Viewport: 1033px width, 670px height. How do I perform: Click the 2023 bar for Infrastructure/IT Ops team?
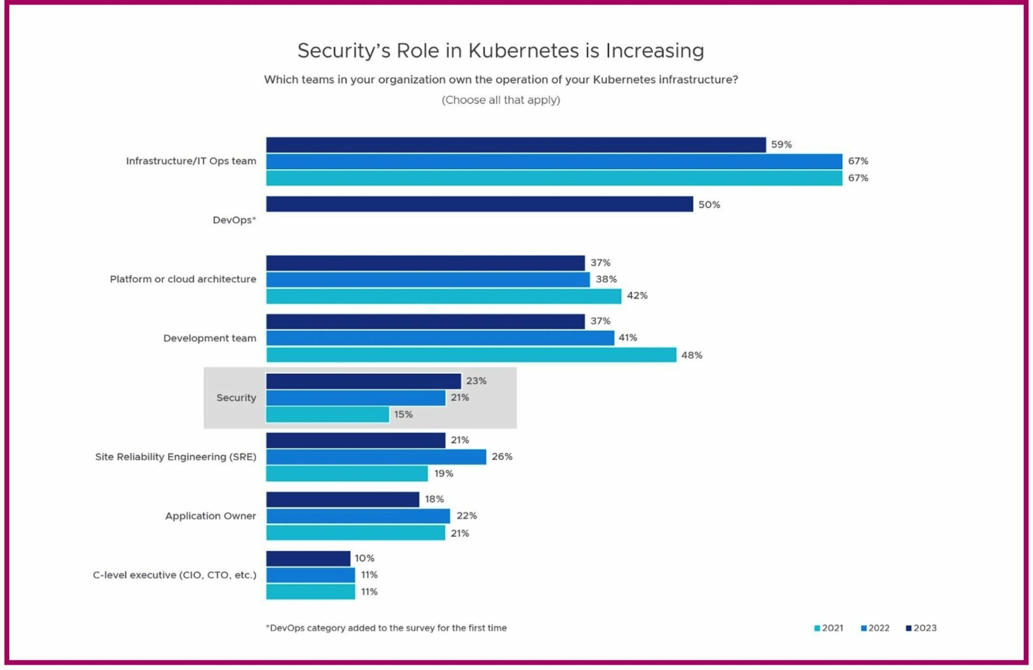pyautogui.click(x=515, y=145)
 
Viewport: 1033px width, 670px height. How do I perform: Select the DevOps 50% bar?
pyautogui.click(x=479, y=204)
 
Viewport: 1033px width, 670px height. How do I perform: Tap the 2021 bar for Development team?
pyautogui.click(x=471, y=355)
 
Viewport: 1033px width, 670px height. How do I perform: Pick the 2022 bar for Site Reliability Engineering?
pyautogui.click(x=376, y=456)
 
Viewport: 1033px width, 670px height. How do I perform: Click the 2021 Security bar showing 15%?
pyautogui.click(x=327, y=414)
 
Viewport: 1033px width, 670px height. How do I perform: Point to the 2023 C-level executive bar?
pyautogui.click(x=308, y=558)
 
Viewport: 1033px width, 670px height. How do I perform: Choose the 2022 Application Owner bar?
pyautogui.click(x=358, y=516)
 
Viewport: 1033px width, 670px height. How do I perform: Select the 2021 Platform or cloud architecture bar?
pyautogui.click(x=443, y=296)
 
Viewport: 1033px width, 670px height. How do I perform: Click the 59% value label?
pyautogui.click(x=781, y=145)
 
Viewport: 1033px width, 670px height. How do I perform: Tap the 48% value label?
pyautogui.click(x=692, y=355)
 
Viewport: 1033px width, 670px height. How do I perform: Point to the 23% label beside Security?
pyautogui.click(x=476, y=381)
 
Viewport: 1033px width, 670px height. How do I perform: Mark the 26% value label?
pyautogui.click(x=502, y=456)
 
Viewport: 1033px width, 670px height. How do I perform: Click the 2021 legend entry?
pyautogui.click(x=829, y=628)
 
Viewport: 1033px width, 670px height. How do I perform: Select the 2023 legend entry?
pyautogui.click(x=921, y=628)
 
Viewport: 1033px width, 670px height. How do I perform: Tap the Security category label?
pyautogui.click(x=236, y=397)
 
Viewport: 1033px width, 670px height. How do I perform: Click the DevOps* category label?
pyautogui.click(x=234, y=220)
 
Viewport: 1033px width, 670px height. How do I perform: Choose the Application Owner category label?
pyautogui.click(x=211, y=516)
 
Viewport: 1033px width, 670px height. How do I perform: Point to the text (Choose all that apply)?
pyautogui.click(x=500, y=100)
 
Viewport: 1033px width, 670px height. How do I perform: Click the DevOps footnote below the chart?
pyautogui.click(x=386, y=628)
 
